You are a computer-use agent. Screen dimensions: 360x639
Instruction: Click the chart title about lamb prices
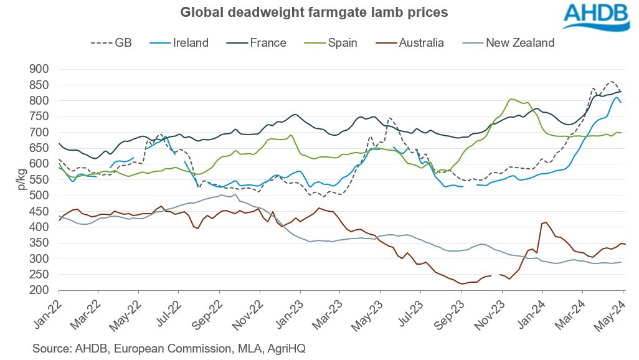(314, 12)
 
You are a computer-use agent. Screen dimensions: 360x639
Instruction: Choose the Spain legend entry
(337, 43)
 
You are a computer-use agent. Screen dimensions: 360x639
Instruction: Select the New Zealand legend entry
(509, 43)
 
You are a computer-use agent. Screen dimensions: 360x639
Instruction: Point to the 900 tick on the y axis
(41, 69)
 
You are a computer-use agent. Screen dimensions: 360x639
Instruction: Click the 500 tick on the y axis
(41, 196)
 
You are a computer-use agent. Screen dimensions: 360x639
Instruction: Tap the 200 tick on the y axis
(41, 290)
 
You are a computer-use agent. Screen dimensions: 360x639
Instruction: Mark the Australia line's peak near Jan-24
(546, 222)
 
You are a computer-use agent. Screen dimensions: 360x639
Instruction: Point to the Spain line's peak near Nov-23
(511, 99)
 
